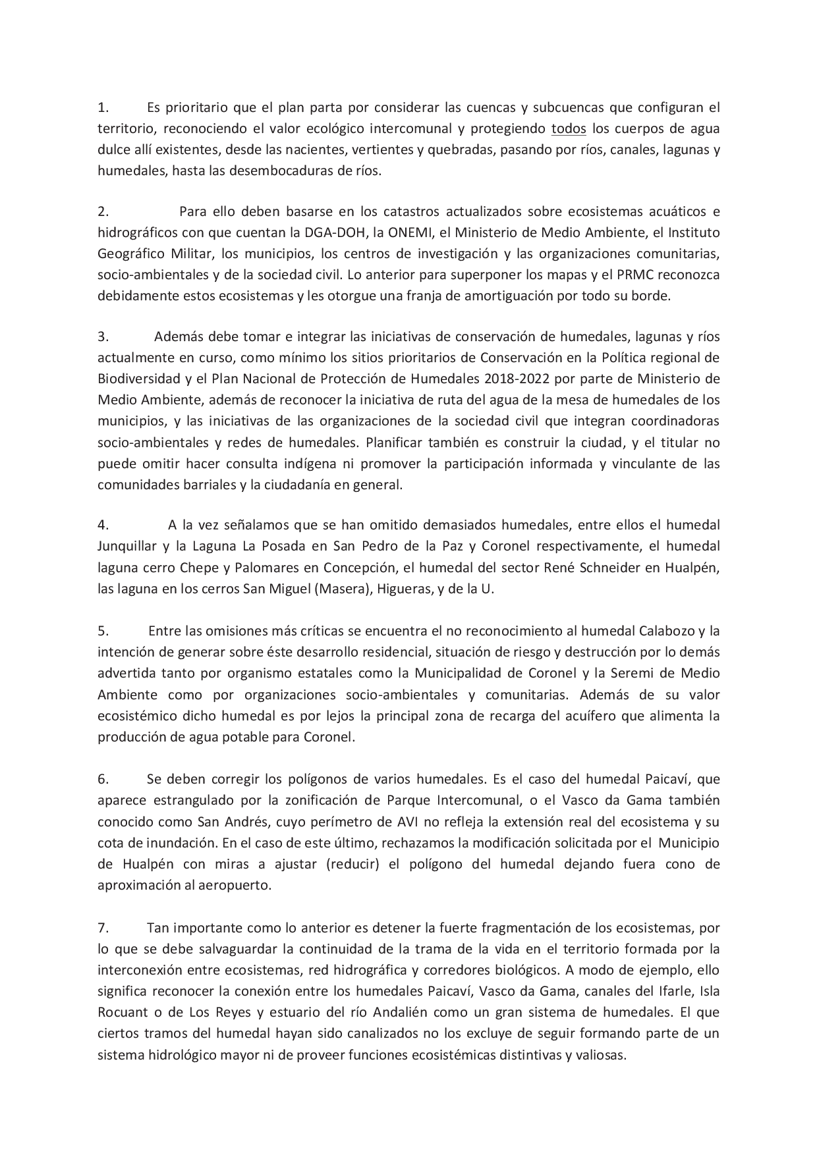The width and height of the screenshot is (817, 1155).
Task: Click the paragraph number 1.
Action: coord(102,107)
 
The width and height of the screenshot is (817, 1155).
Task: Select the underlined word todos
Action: coord(569,128)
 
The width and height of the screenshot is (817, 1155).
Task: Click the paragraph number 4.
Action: coord(103,525)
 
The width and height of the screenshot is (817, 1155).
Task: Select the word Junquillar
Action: coord(127,547)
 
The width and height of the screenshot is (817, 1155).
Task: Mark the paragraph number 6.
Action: coord(103,780)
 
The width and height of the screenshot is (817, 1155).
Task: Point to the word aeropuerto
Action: coord(237,885)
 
